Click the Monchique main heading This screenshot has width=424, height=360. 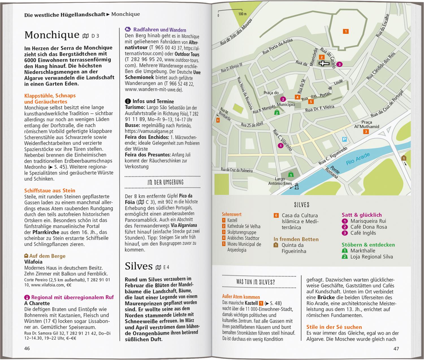point(52,35)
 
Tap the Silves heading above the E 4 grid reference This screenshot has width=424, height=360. point(139,266)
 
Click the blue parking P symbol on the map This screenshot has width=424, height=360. point(344,139)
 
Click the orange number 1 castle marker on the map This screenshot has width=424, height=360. point(345,31)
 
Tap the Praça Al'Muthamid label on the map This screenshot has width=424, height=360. point(367,125)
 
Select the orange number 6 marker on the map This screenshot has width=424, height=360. point(217,120)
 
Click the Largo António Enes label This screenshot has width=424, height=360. point(280,181)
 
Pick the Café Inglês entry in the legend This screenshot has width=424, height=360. point(363,233)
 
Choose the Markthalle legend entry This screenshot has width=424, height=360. point(363,251)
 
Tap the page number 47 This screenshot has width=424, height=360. point(396,348)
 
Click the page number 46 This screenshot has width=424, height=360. point(27,348)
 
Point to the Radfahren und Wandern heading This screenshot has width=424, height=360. point(159,30)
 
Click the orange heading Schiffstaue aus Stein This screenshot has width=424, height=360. point(50,190)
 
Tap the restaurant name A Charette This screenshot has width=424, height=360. point(37,303)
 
